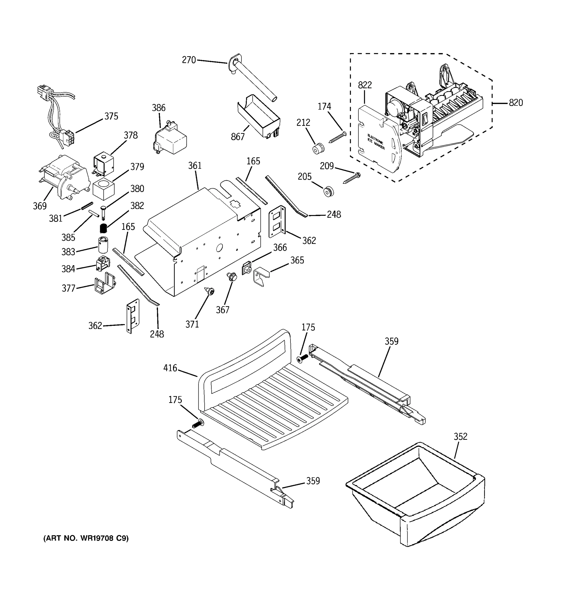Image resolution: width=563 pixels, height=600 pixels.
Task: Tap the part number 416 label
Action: (x=170, y=368)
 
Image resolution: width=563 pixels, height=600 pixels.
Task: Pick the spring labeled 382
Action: (x=103, y=228)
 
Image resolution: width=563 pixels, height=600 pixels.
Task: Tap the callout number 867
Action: (x=237, y=137)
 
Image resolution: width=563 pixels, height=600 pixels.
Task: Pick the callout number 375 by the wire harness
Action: (x=111, y=116)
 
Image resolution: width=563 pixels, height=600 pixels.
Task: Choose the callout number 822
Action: (x=365, y=85)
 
